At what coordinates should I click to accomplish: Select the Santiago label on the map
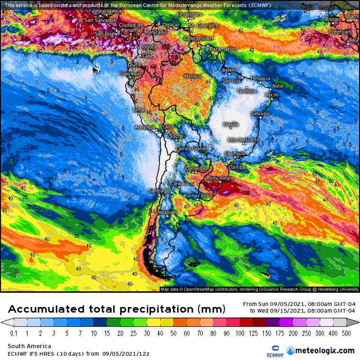(158, 191)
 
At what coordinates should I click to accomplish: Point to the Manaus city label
(192, 76)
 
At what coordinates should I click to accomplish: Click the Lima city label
(139, 110)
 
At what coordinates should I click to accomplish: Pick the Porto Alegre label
(220, 178)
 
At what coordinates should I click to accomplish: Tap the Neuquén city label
(167, 212)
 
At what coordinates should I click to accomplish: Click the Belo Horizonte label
(243, 140)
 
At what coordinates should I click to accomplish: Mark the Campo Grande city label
(191, 149)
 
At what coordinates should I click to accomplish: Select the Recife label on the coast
(272, 95)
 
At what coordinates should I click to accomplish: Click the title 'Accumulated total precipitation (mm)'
(116, 309)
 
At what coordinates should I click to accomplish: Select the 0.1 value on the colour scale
(13, 333)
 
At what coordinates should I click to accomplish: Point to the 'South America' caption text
(29, 346)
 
